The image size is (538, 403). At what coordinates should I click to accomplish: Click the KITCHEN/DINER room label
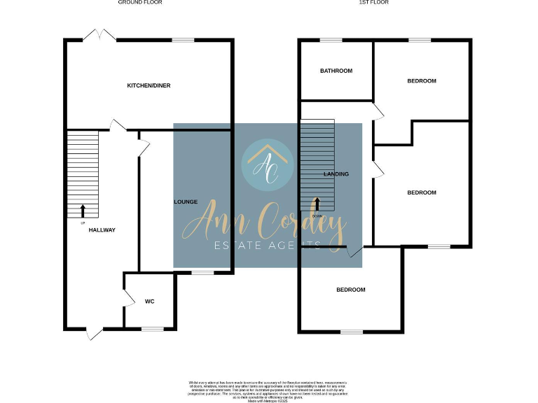coord(149,85)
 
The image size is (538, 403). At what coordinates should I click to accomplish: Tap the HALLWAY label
coord(102,230)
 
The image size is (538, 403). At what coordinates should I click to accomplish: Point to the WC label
coord(149,302)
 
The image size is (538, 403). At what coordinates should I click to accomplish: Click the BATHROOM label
coord(336,71)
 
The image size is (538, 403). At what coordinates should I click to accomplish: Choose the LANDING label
coord(336,174)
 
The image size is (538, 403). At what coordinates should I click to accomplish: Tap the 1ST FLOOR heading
coord(373,3)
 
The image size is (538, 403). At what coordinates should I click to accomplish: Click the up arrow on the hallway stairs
coord(83,209)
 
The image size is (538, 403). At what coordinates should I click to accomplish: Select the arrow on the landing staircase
coord(317,204)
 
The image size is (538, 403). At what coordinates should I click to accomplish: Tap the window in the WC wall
coord(152,328)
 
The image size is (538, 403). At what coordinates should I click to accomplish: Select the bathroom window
coord(331,40)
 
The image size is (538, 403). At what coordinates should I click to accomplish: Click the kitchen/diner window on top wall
coord(184,40)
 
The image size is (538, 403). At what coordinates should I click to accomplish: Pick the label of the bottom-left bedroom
coord(350,290)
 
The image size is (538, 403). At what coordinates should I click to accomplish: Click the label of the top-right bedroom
coord(422,81)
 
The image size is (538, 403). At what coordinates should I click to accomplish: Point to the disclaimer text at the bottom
coord(268,390)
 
